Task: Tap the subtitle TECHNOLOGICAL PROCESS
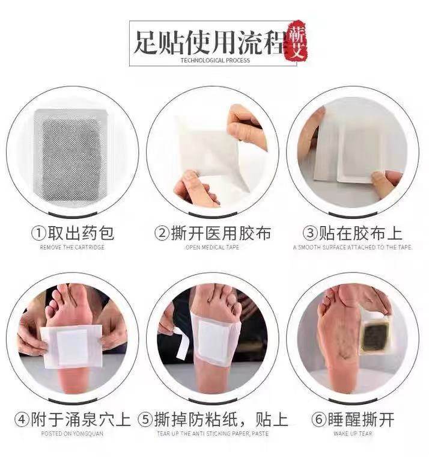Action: coord(214,61)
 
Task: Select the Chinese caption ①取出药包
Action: coord(73,233)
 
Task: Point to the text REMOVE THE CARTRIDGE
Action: coord(73,247)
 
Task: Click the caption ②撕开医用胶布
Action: coord(213,233)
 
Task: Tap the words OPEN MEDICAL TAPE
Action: coord(213,247)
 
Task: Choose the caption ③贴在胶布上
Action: coord(352,233)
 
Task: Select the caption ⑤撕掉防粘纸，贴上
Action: coord(213,419)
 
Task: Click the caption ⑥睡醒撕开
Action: coord(354,419)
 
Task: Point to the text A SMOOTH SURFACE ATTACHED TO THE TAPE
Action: coord(353,247)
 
